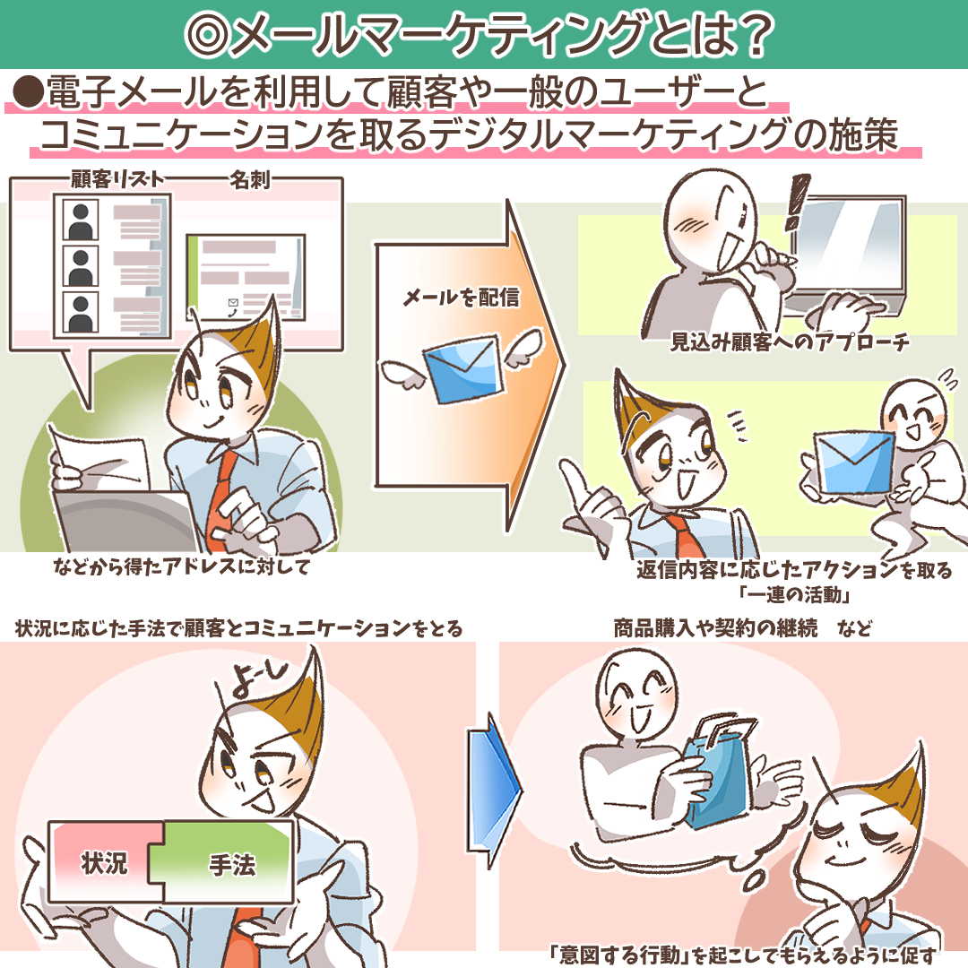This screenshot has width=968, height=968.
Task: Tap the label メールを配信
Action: [462, 297]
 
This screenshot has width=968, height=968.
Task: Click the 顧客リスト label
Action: [117, 179]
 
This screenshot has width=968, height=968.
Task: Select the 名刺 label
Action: [249, 179]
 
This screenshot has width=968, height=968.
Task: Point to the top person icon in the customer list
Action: [81, 220]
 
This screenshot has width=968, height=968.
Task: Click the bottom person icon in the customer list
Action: [81, 313]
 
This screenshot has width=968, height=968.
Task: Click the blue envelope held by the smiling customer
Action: [853, 462]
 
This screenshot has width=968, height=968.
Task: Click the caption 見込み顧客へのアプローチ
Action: [790, 341]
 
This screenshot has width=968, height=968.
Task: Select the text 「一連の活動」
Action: [796, 594]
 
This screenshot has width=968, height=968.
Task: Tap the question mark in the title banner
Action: [754, 35]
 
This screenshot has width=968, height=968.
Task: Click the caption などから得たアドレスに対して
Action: [181, 566]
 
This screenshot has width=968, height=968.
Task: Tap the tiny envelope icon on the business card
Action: [233, 303]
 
